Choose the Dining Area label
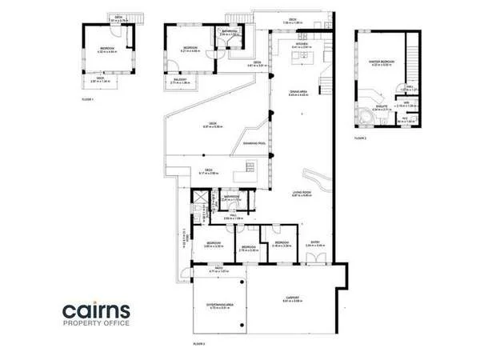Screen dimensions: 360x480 pos(298,93)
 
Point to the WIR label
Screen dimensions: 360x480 pos(406,102)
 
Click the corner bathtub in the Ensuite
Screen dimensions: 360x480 pos(367,114)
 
